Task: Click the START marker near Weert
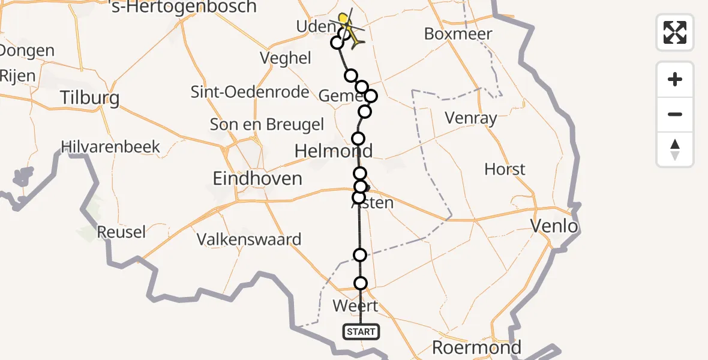(x=361, y=331)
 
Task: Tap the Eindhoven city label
(x=257, y=179)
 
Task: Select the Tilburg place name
(x=90, y=98)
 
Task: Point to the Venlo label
(x=554, y=226)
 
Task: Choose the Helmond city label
(x=334, y=151)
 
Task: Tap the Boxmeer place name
(x=458, y=34)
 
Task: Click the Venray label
(x=471, y=118)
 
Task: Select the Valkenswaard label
(x=249, y=239)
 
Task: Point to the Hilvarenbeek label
(x=111, y=147)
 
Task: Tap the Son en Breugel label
(x=267, y=125)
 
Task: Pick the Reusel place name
(x=121, y=232)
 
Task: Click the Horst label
(x=505, y=170)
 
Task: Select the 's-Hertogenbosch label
(x=184, y=7)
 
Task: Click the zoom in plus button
(x=675, y=79)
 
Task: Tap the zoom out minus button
(x=675, y=114)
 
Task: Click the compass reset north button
(x=675, y=149)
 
